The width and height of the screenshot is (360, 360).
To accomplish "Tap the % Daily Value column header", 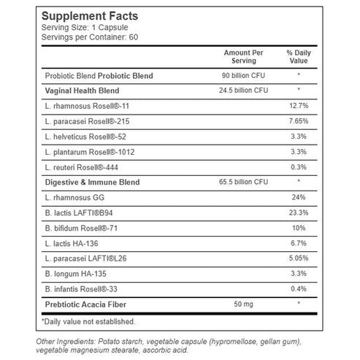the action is point(299,57).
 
